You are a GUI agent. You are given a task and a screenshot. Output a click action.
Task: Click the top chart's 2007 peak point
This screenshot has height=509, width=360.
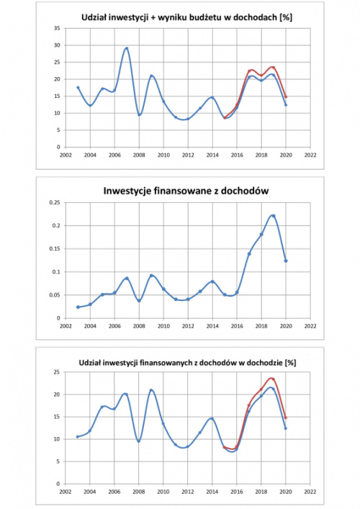[x=127, y=48]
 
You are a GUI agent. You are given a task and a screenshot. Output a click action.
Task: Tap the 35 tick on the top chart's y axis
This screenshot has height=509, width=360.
[x=57, y=28]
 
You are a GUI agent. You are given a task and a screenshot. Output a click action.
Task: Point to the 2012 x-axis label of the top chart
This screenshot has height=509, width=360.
[x=188, y=156]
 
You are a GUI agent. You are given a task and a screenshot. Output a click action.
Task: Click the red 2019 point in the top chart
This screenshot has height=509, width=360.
[x=274, y=68]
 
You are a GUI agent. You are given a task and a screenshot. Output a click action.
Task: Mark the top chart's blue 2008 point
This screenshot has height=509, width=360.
[x=139, y=114]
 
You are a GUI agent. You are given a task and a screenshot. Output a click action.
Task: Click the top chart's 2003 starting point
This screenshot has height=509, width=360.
[x=78, y=87]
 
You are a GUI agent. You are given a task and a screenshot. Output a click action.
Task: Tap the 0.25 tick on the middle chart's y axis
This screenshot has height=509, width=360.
[x=55, y=202]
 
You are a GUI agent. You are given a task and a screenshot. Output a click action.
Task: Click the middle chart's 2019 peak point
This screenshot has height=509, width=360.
[x=274, y=216]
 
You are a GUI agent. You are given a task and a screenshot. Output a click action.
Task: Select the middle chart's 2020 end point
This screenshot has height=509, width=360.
[x=286, y=261]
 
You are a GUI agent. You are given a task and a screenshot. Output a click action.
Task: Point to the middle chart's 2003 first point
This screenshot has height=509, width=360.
[x=78, y=307]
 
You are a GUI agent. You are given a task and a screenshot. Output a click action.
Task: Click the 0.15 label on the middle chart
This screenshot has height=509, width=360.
[x=55, y=248]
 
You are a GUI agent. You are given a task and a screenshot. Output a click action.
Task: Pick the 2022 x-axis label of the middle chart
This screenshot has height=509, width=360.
[x=310, y=326]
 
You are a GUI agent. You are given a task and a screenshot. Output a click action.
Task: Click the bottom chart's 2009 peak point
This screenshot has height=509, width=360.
[x=151, y=390]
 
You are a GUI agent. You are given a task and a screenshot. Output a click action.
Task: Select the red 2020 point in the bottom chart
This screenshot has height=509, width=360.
[x=286, y=418]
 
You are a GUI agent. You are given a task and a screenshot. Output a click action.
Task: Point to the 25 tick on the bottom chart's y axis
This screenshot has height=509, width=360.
[x=57, y=372]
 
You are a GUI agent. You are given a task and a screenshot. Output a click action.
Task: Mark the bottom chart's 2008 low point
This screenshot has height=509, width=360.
[x=139, y=441]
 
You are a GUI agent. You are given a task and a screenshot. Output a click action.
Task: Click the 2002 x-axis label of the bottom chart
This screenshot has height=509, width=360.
[x=66, y=492]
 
